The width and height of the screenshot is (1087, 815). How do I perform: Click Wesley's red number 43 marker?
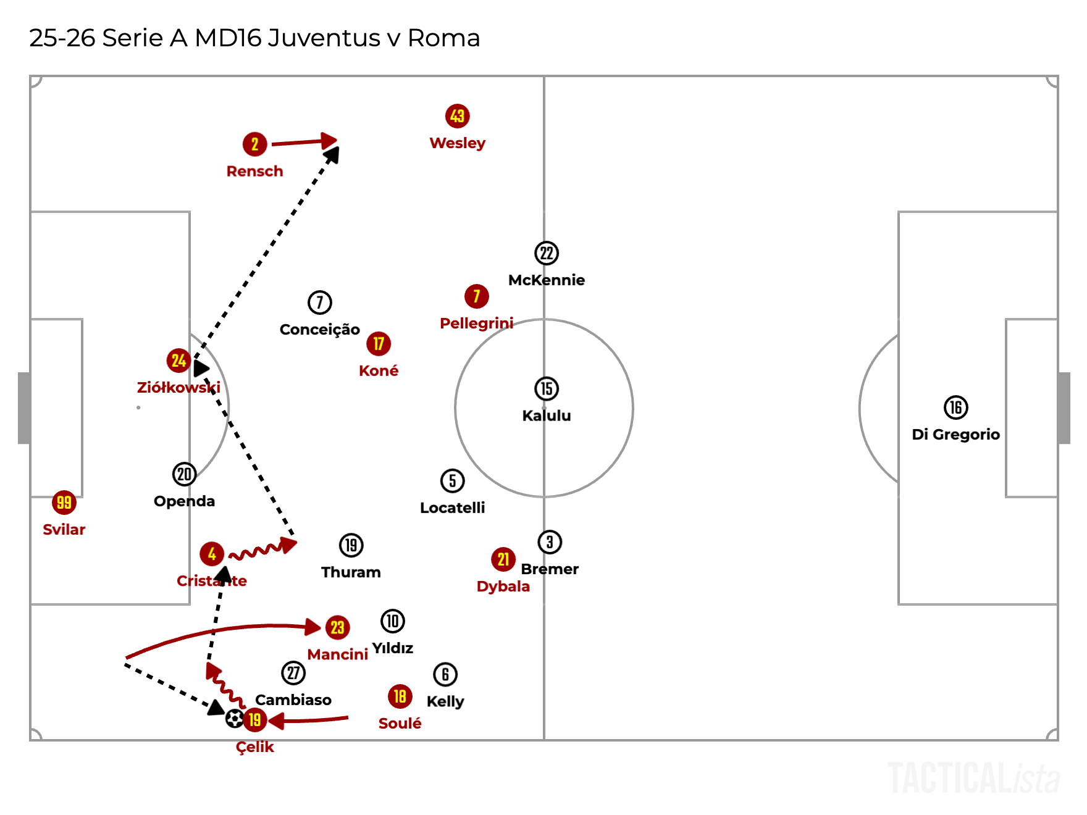tap(457, 116)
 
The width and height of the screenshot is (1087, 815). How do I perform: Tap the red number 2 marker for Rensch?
tap(254, 144)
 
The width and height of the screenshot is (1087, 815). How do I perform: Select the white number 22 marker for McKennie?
tap(546, 253)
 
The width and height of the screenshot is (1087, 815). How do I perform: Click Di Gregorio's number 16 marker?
tap(955, 407)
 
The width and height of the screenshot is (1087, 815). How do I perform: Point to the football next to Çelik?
tap(235, 719)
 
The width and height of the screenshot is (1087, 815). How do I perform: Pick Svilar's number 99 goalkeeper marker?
tap(64, 503)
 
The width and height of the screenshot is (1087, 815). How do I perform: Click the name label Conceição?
tap(319, 330)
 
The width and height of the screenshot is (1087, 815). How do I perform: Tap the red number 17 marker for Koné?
tap(379, 344)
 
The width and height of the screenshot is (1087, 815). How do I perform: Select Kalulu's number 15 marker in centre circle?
tap(546, 389)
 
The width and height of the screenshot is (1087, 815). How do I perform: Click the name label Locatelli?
tap(452, 508)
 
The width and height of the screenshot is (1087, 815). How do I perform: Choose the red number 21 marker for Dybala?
tap(503, 559)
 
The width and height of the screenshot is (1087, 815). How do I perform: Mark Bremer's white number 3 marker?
tap(550, 542)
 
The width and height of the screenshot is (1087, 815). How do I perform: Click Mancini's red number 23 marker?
tap(337, 627)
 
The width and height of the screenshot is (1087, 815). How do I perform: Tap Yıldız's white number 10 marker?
tap(393, 621)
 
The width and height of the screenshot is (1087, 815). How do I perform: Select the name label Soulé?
tap(400, 724)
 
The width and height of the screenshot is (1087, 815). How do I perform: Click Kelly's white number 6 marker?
tap(445, 674)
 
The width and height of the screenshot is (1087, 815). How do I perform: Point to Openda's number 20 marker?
tap(184, 474)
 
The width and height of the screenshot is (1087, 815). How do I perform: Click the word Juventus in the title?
tap(324, 38)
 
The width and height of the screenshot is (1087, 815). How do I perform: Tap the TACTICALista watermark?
tap(973, 778)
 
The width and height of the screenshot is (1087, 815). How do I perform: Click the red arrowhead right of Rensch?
tap(330, 140)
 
